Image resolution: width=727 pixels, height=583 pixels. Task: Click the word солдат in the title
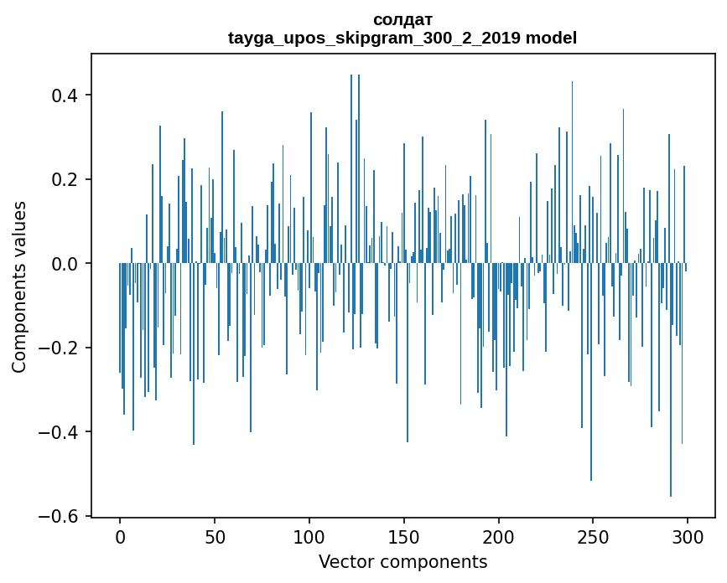402,19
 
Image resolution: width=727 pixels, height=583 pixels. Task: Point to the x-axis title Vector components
402,561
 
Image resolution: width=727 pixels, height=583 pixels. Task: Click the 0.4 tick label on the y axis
65,95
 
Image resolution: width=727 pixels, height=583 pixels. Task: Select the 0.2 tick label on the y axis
65,180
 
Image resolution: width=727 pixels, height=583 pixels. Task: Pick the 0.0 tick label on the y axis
65,264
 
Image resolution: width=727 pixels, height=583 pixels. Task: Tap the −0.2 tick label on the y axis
59,348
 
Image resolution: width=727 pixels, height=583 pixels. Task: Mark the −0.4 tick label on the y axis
59,432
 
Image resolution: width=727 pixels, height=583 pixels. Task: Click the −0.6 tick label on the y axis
59,517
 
